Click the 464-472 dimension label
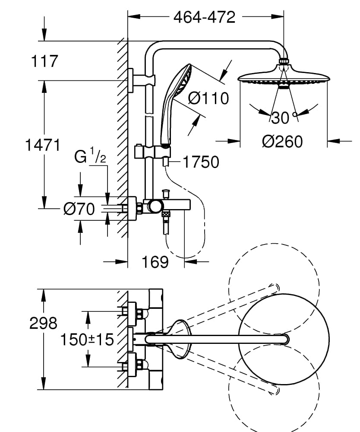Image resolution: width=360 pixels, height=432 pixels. click(x=204, y=17)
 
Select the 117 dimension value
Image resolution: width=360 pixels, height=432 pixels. click(x=44, y=61)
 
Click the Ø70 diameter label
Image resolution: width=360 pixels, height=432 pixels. click(x=79, y=210)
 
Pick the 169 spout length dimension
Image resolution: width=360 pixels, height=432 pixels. click(x=155, y=261)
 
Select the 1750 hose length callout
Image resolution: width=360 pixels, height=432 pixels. click(x=201, y=162)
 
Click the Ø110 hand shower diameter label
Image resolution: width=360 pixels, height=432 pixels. click(x=208, y=98)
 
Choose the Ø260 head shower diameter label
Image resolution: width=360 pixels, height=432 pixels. click(x=283, y=141)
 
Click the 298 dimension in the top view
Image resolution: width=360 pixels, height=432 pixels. click(x=43, y=323)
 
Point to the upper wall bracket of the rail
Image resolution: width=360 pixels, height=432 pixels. click(x=140, y=80)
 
